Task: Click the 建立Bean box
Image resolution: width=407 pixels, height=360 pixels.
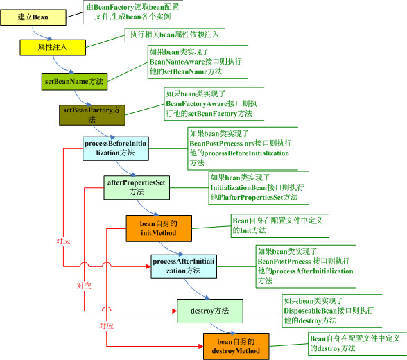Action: pos(33,15)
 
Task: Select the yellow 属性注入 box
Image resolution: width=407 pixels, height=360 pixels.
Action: pos(52,46)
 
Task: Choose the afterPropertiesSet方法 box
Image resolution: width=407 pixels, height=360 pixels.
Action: pos(137,187)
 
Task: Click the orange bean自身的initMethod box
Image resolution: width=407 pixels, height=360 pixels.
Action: pos(159,228)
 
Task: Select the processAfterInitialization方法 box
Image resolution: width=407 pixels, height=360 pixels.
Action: pos(184,266)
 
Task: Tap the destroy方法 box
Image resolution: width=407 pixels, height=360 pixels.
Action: pos(209,310)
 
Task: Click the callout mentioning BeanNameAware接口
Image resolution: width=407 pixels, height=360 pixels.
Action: pos(195,62)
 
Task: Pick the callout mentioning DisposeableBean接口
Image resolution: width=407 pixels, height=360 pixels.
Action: pos(329,311)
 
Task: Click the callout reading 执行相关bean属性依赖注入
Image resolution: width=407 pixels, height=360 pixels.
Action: pos(175,34)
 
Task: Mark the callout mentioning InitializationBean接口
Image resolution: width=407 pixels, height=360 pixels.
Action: pos(256,187)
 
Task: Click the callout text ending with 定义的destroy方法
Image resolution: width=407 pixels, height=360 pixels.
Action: pos(355,343)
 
